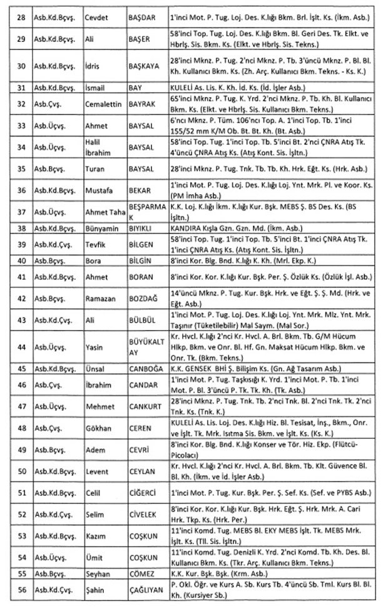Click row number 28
[20, 12]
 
